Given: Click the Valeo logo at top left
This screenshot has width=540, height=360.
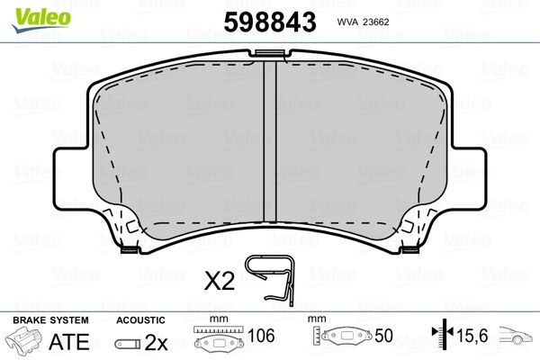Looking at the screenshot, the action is click(x=41, y=20).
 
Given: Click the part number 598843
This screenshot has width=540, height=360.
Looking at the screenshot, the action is click(x=270, y=22).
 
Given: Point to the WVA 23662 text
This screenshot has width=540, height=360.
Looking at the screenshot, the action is click(x=363, y=22).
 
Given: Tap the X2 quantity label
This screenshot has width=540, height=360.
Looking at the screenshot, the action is click(x=220, y=281).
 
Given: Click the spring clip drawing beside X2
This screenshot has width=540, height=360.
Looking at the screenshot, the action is click(x=271, y=280).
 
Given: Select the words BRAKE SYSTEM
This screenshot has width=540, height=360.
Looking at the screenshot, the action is click(x=50, y=320).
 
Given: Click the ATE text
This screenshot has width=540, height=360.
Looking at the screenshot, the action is click(x=69, y=342).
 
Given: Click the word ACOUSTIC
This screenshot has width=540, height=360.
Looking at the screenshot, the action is click(x=140, y=320).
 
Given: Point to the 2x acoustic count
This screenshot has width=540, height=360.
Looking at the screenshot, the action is click(x=156, y=342).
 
